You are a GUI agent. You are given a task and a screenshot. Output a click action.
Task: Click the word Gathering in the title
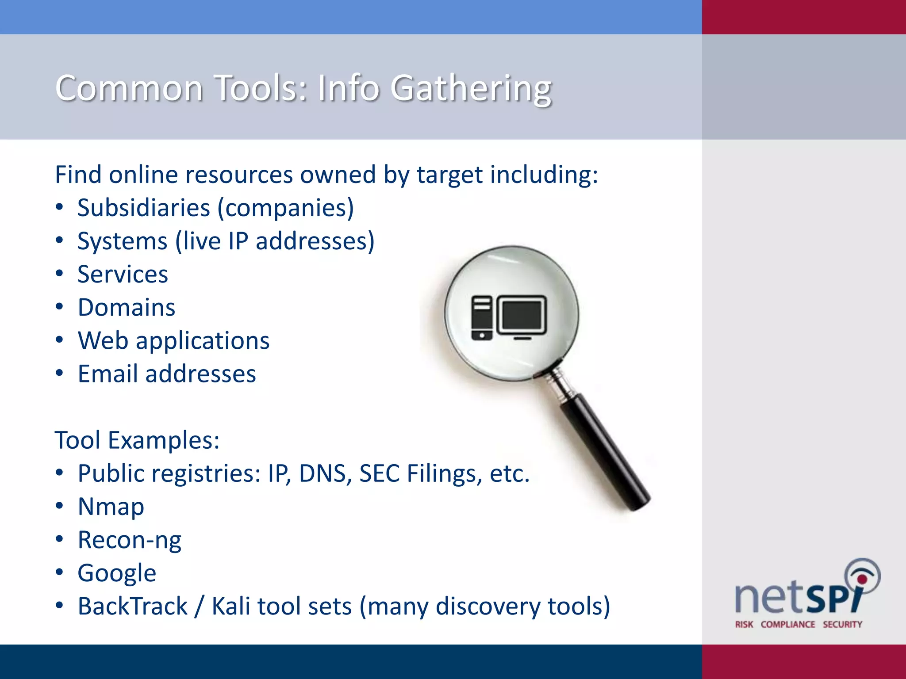click(471, 88)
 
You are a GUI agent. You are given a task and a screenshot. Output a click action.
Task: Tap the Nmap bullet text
click(111, 507)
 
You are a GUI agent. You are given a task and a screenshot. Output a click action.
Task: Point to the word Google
click(117, 573)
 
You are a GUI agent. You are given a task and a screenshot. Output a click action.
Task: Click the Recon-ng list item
click(130, 540)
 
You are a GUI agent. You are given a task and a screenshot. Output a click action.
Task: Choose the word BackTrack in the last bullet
click(133, 606)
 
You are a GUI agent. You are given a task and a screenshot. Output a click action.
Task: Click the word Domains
click(127, 307)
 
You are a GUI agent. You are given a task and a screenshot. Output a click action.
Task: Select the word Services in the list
click(123, 274)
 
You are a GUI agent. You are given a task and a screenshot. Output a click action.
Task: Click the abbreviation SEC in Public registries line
click(379, 473)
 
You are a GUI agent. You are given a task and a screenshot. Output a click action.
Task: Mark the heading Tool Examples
click(137, 440)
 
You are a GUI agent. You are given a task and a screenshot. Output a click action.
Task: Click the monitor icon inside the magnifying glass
click(522, 316)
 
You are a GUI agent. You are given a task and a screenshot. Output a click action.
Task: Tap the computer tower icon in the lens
click(482, 317)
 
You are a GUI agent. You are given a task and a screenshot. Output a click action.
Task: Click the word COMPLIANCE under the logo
click(788, 624)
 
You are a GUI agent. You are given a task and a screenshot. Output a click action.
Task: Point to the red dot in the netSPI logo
click(862, 579)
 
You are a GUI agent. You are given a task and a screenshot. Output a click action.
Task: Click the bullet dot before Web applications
click(60, 340)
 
